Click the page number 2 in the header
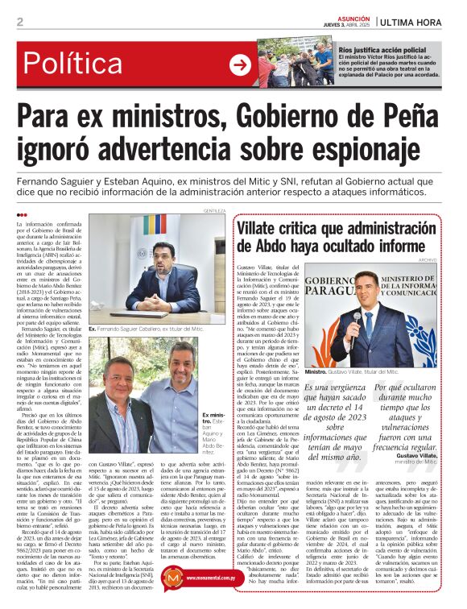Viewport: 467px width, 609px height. click(x=19, y=22)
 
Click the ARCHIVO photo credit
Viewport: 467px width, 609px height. click(x=450, y=260)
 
